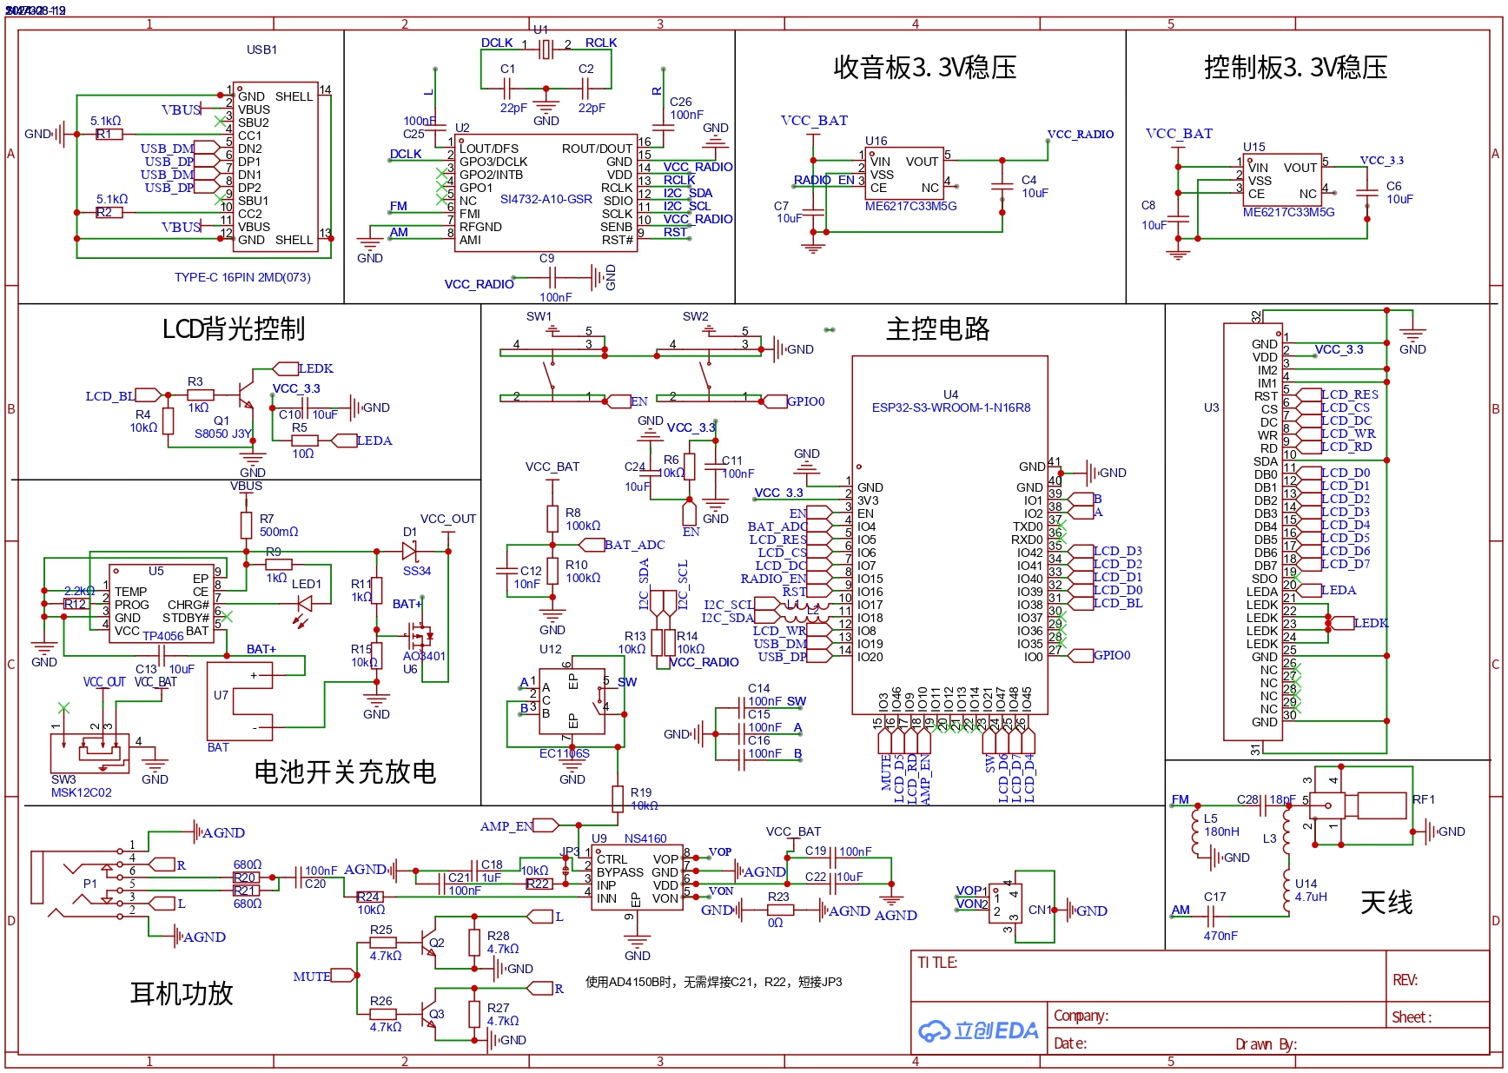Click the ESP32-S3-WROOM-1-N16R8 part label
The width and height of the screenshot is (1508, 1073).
coord(951,407)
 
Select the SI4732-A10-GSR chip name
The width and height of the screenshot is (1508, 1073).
coord(546,199)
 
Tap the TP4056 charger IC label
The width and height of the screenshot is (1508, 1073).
coord(162,636)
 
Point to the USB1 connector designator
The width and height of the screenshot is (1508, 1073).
coord(261,50)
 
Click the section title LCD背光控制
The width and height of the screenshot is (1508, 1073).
coord(234,328)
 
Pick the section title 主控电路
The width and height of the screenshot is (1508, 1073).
coord(937,328)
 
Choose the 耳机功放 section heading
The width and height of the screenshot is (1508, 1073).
coord(182,993)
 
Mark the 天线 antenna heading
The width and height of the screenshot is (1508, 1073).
coord(1386,903)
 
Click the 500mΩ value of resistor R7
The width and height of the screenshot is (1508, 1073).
coord(279,532)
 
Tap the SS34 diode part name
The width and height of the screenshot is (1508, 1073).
coord(417,571)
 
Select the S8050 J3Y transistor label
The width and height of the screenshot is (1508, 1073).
coord(222,434)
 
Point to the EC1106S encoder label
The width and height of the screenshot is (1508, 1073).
coord(564,753)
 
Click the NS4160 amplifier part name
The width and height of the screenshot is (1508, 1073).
coord(645,838)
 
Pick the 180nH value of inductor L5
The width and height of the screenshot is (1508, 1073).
coord(1221,831)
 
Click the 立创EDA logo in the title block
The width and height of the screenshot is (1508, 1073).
coord(978,1031)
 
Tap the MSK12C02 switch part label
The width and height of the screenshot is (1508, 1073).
coord(81,792)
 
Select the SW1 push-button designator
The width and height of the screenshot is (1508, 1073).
coord(539,316)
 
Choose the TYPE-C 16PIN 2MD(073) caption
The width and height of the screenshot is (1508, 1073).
coord(242,277)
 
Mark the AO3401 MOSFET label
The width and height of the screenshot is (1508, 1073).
coord(424,656)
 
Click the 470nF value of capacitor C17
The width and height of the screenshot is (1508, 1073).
coord(1220,936)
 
